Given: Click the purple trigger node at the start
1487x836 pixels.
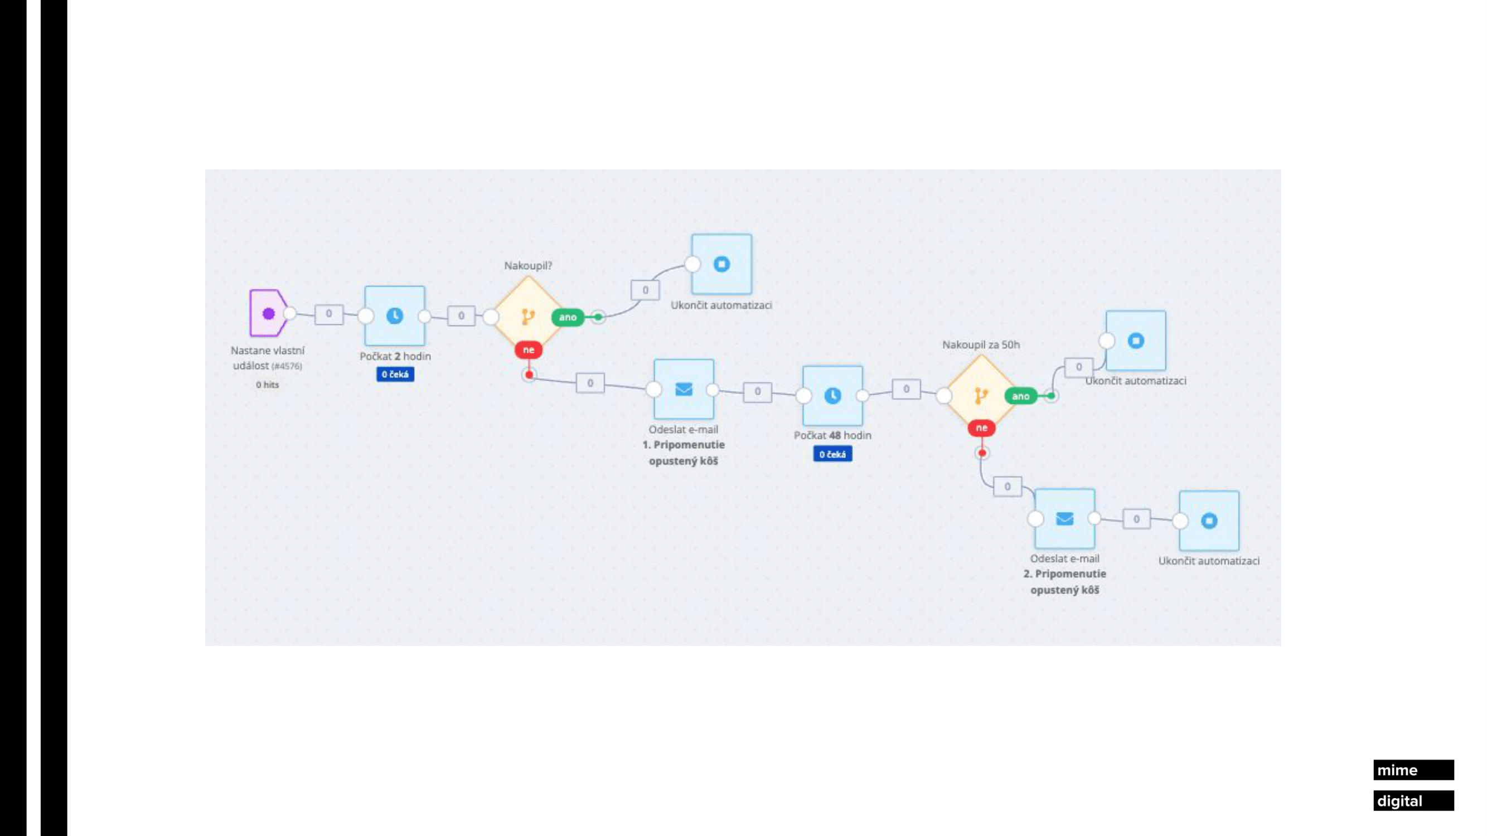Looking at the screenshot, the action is point(268,313).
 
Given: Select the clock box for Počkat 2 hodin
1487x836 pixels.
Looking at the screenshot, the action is point(395,315).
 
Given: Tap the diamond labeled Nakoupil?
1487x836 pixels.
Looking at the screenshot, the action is point(527,315).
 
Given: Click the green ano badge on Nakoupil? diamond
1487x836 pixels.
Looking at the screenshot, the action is point(568,317).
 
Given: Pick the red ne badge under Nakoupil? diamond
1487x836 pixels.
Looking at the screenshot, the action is point(528,349).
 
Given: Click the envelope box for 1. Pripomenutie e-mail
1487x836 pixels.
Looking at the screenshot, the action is point(684,389).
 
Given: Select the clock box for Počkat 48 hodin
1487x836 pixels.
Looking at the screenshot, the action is point(832,395).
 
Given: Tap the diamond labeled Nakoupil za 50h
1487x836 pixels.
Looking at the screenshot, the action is point(981,395).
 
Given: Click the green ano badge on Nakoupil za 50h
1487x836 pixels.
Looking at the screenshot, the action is point(1020,396).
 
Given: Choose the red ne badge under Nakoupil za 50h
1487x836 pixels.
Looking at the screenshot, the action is point(981,427).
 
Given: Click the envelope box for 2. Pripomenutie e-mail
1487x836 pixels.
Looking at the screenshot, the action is point(1064,519).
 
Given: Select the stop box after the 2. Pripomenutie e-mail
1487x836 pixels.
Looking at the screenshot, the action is point(1209,521).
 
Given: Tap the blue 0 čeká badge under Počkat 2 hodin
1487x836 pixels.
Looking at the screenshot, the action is point(395,375).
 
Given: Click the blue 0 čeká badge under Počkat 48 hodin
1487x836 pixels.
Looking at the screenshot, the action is point(832,454).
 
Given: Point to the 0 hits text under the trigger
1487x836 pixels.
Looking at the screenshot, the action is point(267,385).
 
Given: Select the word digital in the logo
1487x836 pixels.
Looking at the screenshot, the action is point(1399,801).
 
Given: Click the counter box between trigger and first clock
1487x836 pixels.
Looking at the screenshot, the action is point(329,314).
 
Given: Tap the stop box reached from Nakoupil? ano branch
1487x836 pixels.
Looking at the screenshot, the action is point(721,264).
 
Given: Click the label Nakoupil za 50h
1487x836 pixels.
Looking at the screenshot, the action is point(981,344).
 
